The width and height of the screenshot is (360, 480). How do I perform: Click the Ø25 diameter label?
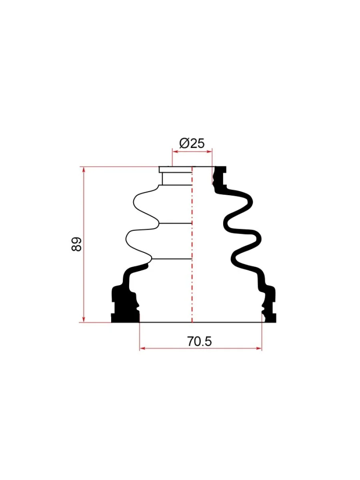[192, 144]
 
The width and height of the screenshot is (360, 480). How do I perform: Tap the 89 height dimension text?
[76, 244]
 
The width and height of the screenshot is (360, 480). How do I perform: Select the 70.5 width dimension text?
[199, 341]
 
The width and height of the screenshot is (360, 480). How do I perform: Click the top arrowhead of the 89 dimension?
[83, 170]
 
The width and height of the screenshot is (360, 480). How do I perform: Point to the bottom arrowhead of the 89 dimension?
[83, 319]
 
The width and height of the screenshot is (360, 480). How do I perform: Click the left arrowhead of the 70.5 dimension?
[143, 348]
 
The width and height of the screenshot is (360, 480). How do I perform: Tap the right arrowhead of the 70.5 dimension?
[258, 348]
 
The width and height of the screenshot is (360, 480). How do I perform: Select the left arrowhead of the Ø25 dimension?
[176, 151]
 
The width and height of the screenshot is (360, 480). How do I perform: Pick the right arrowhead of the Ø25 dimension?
[209, 151]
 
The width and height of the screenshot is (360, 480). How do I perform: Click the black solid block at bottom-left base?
[125, 306]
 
